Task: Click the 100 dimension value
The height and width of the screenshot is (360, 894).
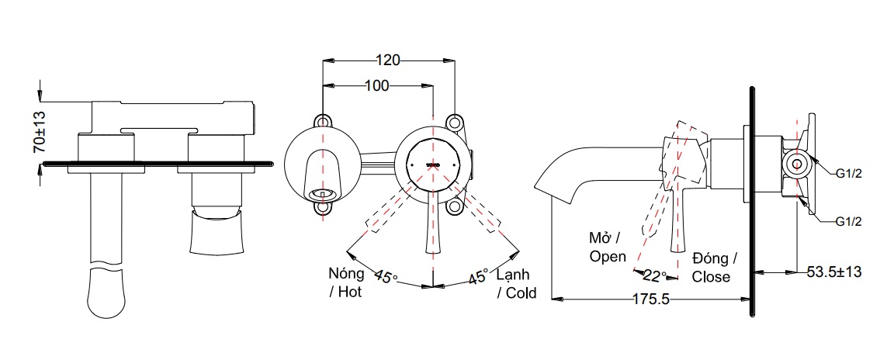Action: (376, 85)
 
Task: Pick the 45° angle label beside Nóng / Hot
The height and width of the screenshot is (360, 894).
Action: (386, 277)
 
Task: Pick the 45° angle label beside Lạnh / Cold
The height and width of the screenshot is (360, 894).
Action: (477, 277)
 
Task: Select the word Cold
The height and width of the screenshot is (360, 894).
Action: (521, 292)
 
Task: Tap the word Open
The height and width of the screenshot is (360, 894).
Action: (608, 256)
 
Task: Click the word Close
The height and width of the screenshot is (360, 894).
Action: (711, 276)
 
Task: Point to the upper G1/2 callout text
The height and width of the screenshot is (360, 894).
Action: (849, 173)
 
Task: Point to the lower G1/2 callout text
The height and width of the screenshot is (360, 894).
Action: (849, 222)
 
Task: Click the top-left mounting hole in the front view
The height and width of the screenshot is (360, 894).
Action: (322, 123)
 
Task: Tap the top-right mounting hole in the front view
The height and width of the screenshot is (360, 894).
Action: (455, 123)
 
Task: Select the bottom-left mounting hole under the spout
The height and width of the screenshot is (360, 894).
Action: (322, 207)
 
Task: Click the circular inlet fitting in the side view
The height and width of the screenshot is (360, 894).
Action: (794, 164)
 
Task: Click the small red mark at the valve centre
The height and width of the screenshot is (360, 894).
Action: (432, 164)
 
